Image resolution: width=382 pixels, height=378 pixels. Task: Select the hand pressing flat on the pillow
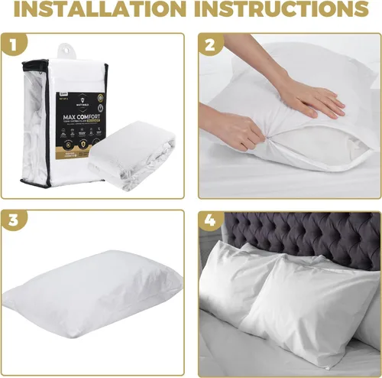click(309, 97)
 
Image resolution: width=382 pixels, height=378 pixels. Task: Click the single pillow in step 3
click(95, 294)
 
